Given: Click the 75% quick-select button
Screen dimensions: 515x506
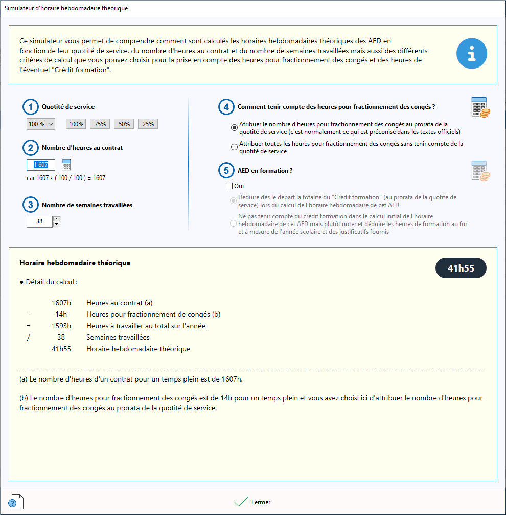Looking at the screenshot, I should pyautogui.click(x=100, y=124).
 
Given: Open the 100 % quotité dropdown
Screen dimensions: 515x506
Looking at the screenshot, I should pyautogui.click(x=40, y=124).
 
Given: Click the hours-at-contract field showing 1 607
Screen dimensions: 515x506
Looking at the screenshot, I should pyautogui.click(x=41, y=165).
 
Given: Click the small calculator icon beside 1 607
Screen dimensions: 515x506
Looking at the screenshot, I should pyautogui.click(x=66, y=165).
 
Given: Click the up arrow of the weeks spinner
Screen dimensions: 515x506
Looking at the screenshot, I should pyautogui.click(x=57, y=219).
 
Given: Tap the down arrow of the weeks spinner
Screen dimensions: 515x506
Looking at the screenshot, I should pyautogui.click(x=57, y=224).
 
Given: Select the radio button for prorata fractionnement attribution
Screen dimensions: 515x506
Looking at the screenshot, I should pyautogui.click(x=234, y=127).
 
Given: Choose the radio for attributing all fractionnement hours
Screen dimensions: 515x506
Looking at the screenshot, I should pyautogui.click(x=234, y=147).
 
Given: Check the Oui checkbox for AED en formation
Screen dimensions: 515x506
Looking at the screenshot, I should pyautogui.click(x=229, y=186).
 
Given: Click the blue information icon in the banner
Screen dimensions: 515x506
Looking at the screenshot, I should pyautogui.click(x=471, y=54).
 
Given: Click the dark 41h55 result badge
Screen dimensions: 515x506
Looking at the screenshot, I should pyautogui.click(x=461, y=268).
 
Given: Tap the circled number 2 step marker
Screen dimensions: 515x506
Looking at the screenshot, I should pyautogui.click(x=31, y=148).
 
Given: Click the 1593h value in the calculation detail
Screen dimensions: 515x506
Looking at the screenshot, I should pyautogui.click(x=61, y=326).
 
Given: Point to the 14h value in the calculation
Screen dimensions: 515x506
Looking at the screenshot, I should pyautogui.click(x=61, y=314).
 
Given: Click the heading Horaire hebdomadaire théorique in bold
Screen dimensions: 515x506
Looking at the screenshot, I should pyautogui.click(x=75, y=263).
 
